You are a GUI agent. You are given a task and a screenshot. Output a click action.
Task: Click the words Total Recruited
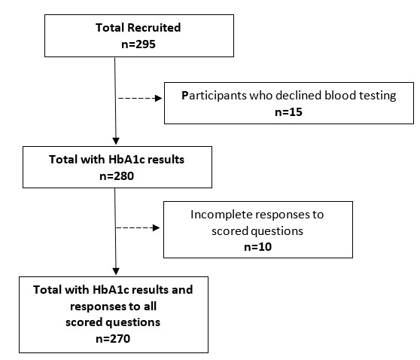138,28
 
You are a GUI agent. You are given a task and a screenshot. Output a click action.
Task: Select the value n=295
138,44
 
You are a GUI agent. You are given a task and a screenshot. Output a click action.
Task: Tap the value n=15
288,112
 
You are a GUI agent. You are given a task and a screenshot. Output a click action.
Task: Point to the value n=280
117,176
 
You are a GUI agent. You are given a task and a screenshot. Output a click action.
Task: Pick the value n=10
257,246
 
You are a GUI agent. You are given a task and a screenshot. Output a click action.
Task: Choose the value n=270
113,339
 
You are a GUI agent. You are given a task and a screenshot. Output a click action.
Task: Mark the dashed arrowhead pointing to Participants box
159,99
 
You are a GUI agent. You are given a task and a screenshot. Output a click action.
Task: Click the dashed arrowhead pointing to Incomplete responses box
156,228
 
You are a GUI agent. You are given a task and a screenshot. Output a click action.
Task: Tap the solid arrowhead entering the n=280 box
116,141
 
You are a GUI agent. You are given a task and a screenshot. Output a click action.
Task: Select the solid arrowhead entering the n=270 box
116,272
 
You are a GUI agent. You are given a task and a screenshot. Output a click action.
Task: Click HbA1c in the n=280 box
126,160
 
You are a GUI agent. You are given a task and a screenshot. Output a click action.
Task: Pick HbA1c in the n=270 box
111,290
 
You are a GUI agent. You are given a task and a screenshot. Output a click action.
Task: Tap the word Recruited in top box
154,28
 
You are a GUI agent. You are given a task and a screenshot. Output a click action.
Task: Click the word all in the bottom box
150,306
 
